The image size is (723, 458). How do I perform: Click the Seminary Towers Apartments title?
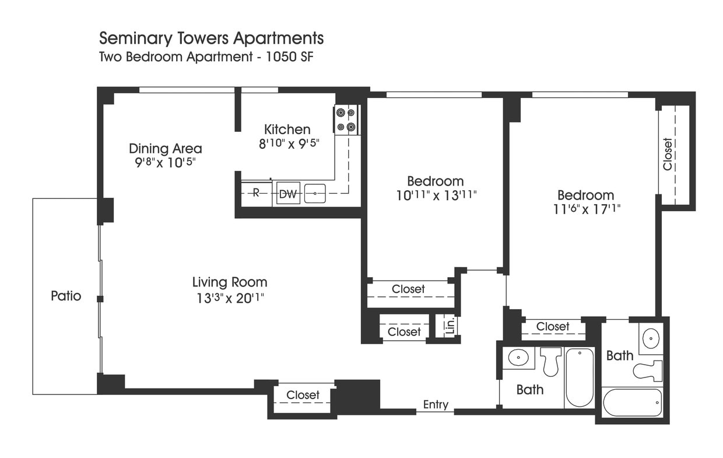tap(211, 39)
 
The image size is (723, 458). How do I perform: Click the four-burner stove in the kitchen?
tap(346, 120)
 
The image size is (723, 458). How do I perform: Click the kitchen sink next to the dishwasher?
tap(315, 193)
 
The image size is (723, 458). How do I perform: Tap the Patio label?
tap(66, 296)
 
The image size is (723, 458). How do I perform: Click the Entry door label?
tap(436, 405)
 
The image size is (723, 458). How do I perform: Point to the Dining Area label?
tap(166, 148)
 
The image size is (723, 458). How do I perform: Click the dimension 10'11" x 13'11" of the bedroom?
tap(436, 195)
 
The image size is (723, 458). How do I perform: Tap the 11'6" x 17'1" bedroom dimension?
tap(585, 209)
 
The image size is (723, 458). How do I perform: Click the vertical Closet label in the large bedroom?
tap(668, 154)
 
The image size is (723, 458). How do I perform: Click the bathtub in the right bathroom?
tap(633, 402)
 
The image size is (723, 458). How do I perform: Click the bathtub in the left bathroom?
tap(579, 378)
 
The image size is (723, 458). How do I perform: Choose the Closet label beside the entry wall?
tap(303, 396)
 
